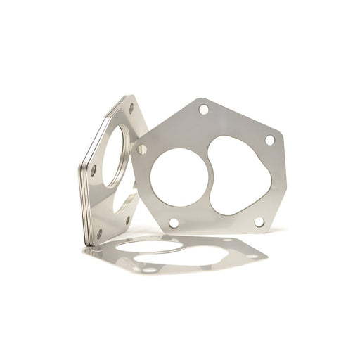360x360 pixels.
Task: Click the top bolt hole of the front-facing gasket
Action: coord(203,110)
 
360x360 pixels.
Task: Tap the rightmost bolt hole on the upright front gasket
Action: coord(269,141)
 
